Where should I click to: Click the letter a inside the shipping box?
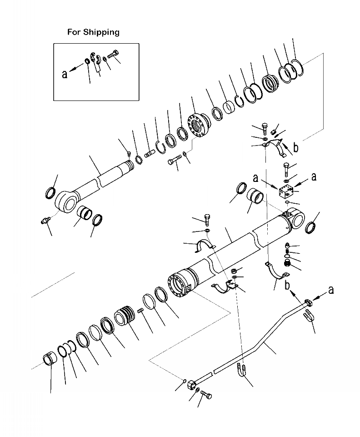[65, 73]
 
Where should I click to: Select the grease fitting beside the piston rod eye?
[45, 221]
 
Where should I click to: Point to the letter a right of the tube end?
[330, 289]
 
